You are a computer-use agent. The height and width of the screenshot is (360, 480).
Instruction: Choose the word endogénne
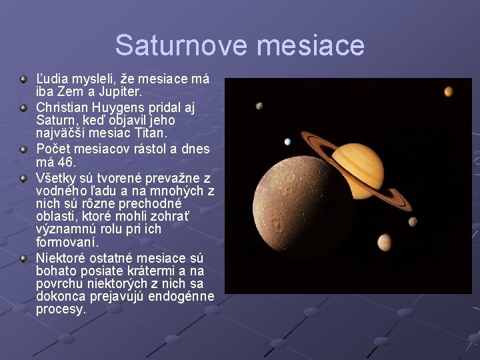click(181, 297)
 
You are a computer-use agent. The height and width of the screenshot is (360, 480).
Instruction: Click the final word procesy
click(61, 309)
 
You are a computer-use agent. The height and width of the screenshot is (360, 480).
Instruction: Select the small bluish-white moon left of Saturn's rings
click(287, 141)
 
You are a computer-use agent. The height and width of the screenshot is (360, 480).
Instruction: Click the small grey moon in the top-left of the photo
click(258, 106)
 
